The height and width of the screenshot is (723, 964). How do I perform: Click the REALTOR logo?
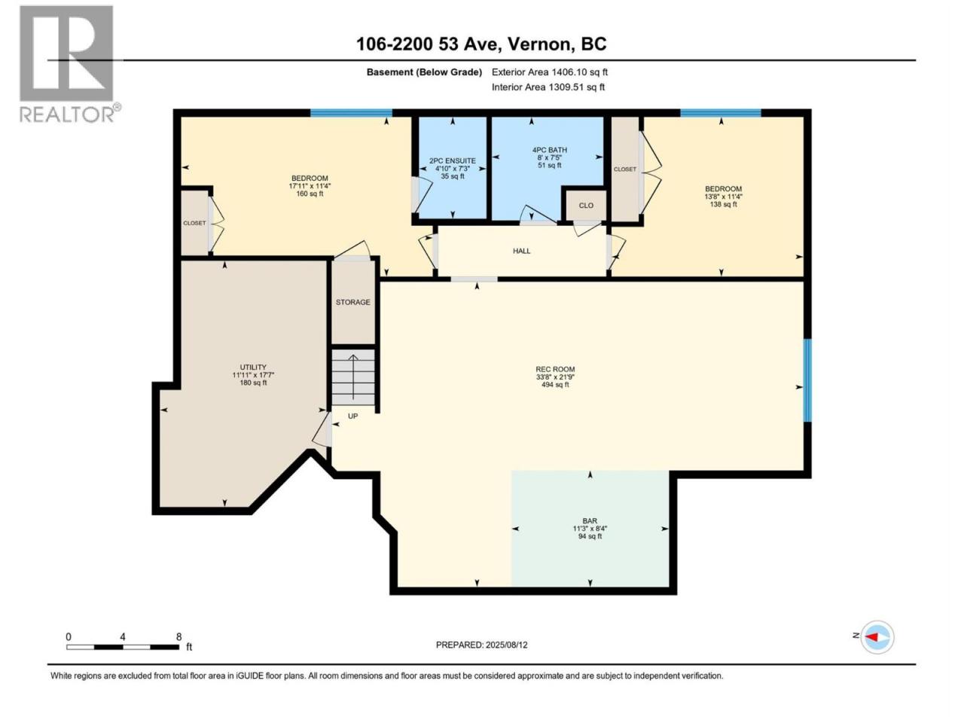coord(69,64)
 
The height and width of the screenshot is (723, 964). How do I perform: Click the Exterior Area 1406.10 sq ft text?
coord(550,72)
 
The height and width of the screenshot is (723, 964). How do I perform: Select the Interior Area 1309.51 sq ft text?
coord(548,87)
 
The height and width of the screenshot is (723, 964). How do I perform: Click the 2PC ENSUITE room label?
coord(453,161)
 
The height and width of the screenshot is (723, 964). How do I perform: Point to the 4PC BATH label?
coord(550,150)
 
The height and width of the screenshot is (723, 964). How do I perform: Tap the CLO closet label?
coord(586,206)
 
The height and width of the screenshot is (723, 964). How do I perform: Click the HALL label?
coord(521,251)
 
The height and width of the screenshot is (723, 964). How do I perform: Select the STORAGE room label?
coord(352,302)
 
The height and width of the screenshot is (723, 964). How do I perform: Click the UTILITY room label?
coord(253,367)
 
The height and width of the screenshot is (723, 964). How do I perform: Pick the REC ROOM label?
coord(555,369)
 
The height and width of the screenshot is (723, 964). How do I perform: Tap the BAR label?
coord(590,520)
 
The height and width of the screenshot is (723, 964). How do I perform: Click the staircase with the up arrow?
coord(353,377)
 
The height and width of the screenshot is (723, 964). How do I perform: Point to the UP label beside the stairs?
coord(352,416)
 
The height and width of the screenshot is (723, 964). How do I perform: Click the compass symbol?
coord(876,636)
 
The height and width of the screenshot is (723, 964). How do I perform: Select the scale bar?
coord(123,647)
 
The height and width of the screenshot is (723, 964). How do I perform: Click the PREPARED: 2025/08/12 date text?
coord(481,645)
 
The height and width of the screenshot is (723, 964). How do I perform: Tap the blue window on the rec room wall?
coord(807,380)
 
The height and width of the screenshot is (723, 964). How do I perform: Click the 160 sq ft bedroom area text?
coord(310,194)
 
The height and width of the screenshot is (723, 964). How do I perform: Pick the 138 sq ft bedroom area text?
coord(723,205)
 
